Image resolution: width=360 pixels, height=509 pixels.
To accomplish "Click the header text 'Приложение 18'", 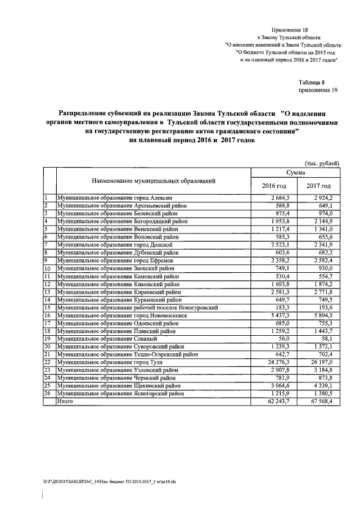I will (x=290, y=28).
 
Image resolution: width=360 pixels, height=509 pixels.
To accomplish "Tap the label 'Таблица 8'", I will (x=312, y=82).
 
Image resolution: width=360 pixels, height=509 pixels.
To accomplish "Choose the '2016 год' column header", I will (x=274, y=186).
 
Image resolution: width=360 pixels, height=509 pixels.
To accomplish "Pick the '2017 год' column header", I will (x=318, y=186).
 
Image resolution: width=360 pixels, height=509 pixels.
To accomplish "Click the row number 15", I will (x=49, y=307).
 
